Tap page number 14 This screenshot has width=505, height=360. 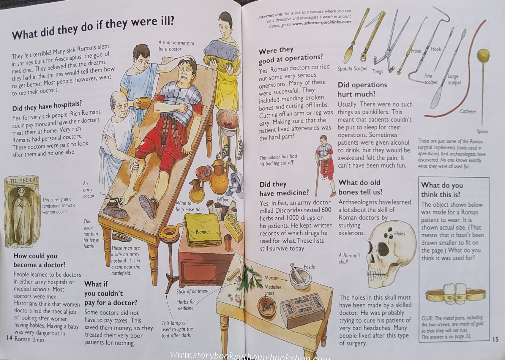click(9, 338)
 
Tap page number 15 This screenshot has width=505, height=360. click(495, 339)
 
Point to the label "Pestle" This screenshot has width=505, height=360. click(309, 267)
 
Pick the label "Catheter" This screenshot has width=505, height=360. click(468, 112)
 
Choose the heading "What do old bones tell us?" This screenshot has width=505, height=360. click(360, 187)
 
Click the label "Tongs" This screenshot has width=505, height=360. click(378, 72)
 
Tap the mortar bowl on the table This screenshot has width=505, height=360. click(300, 280)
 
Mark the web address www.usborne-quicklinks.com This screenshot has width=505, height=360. click(321, 22)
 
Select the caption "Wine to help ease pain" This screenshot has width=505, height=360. click(190, 206)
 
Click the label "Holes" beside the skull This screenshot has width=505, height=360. click(400, 233)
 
